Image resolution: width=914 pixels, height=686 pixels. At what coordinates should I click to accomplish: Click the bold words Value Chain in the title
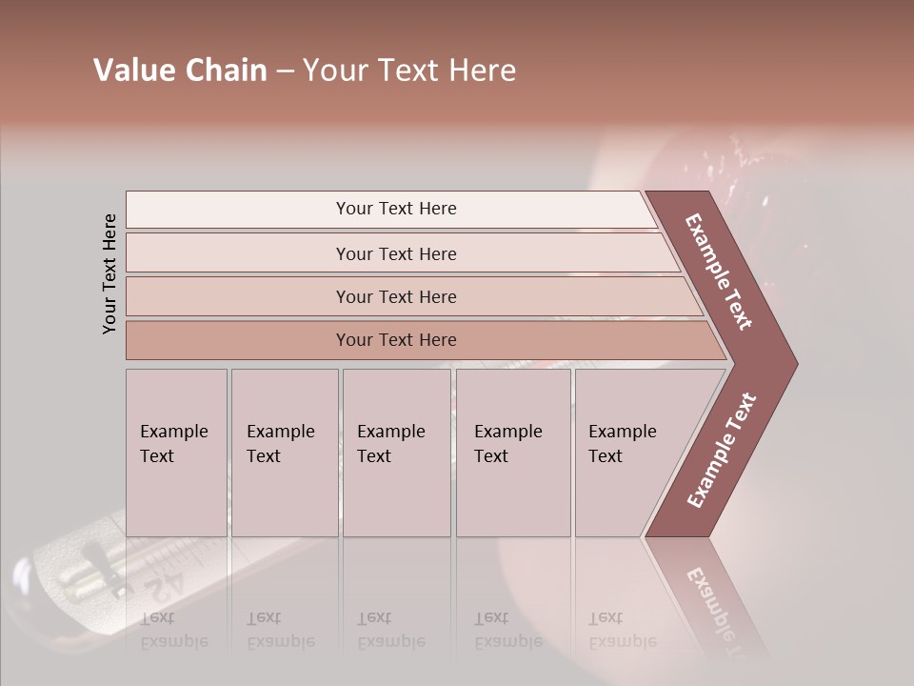(180, 71)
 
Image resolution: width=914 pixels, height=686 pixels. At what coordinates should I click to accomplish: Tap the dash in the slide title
(285, 71)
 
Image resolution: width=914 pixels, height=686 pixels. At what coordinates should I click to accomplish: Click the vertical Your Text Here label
(109, 273)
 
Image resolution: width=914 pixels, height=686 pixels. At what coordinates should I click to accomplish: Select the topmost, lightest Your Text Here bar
(395, 209)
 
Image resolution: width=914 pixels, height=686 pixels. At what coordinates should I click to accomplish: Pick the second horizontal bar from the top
(395, 253)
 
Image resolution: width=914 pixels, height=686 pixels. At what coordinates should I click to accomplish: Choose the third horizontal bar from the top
(395, 296)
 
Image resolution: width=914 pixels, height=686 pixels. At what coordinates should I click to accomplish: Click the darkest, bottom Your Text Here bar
(395, 340)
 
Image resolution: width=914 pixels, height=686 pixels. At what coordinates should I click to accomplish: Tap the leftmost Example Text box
(176, 453)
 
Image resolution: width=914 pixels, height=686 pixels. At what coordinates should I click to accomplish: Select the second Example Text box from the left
(284, 453)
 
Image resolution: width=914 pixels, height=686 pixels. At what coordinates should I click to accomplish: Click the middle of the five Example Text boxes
(395, 453)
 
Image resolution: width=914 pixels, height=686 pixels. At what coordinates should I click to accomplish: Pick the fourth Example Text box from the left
(512, 453)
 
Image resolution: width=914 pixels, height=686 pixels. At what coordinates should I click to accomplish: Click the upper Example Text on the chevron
(720, 272)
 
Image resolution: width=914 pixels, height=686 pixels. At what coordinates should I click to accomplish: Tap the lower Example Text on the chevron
(722, 451)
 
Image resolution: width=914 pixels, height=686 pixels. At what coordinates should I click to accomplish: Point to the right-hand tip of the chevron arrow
(796, 364)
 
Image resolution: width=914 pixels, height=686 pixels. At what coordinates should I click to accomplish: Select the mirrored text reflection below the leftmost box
(173, 630)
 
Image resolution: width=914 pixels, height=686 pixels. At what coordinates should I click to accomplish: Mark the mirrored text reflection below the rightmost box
(622, 630)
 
